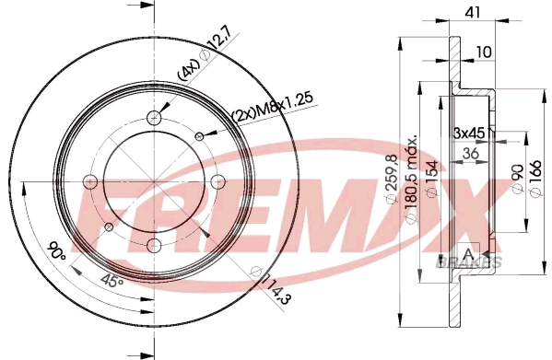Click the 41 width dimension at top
coord(473,12)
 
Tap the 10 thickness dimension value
coord(484,52)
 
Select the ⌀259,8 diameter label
coord(393,179)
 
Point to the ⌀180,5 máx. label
coord(412,179)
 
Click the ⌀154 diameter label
coord(432,179)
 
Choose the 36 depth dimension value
coord(470,154)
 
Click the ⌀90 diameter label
coord(518,179)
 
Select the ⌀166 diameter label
coord(534,179)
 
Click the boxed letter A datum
coord(468,254)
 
